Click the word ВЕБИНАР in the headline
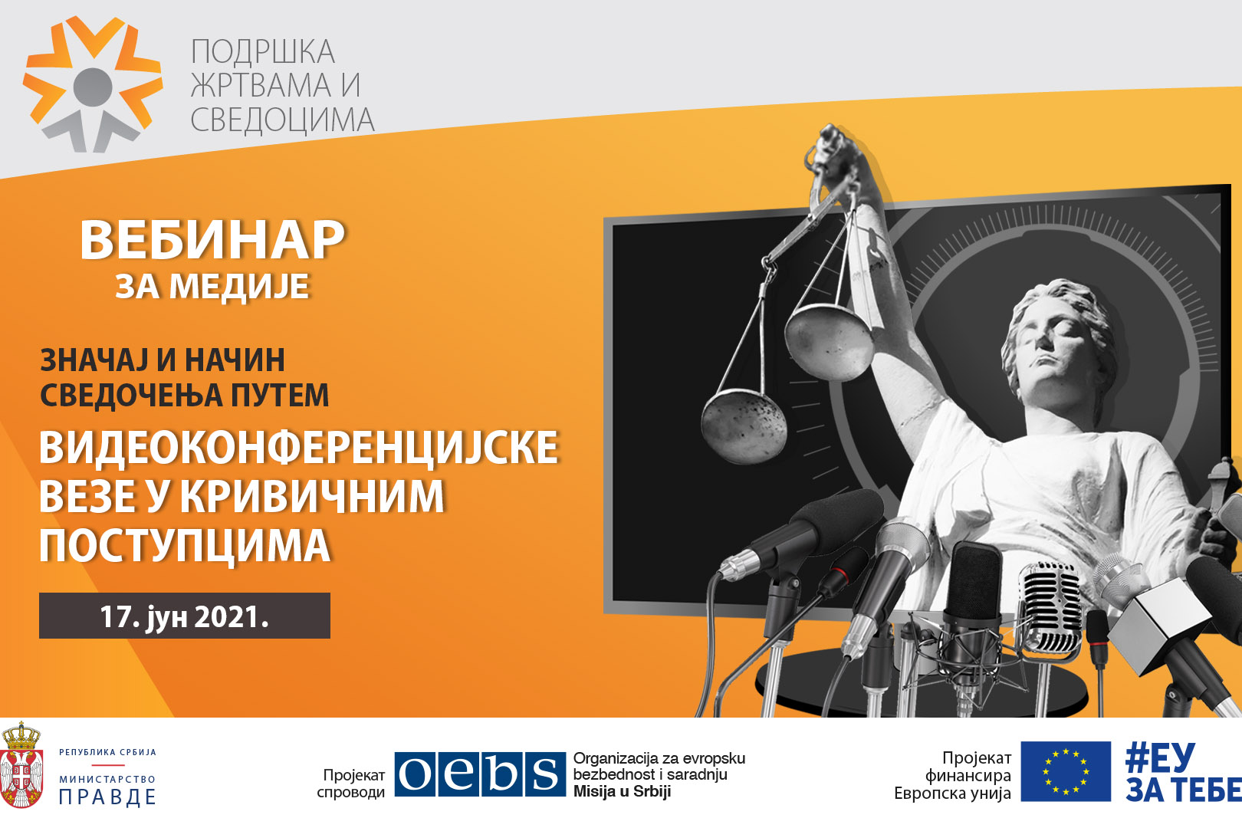tap(212, 240)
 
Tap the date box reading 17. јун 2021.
tap(185, 616)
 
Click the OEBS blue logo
tap(480, 774)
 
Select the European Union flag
tap(1066, 771)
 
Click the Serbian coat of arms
tap(21, 765)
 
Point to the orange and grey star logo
tap(93, 84)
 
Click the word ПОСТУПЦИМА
tap(185, 546)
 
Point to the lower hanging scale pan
tap(744, 425)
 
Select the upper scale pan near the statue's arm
tap(828, 340)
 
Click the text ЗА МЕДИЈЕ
tap(212, 286)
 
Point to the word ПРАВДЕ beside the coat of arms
tap(107, 797)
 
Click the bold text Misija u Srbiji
tap(622, 791)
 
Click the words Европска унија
tap(952, 793)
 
